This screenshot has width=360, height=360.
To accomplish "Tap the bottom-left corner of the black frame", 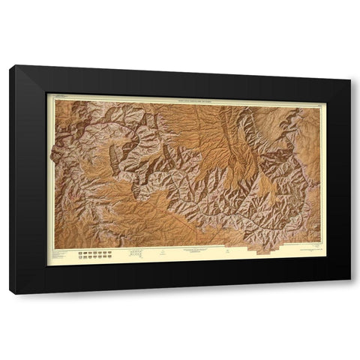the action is (x=10, y=293).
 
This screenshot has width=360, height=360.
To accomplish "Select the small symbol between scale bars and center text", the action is (x=160, y=253).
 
